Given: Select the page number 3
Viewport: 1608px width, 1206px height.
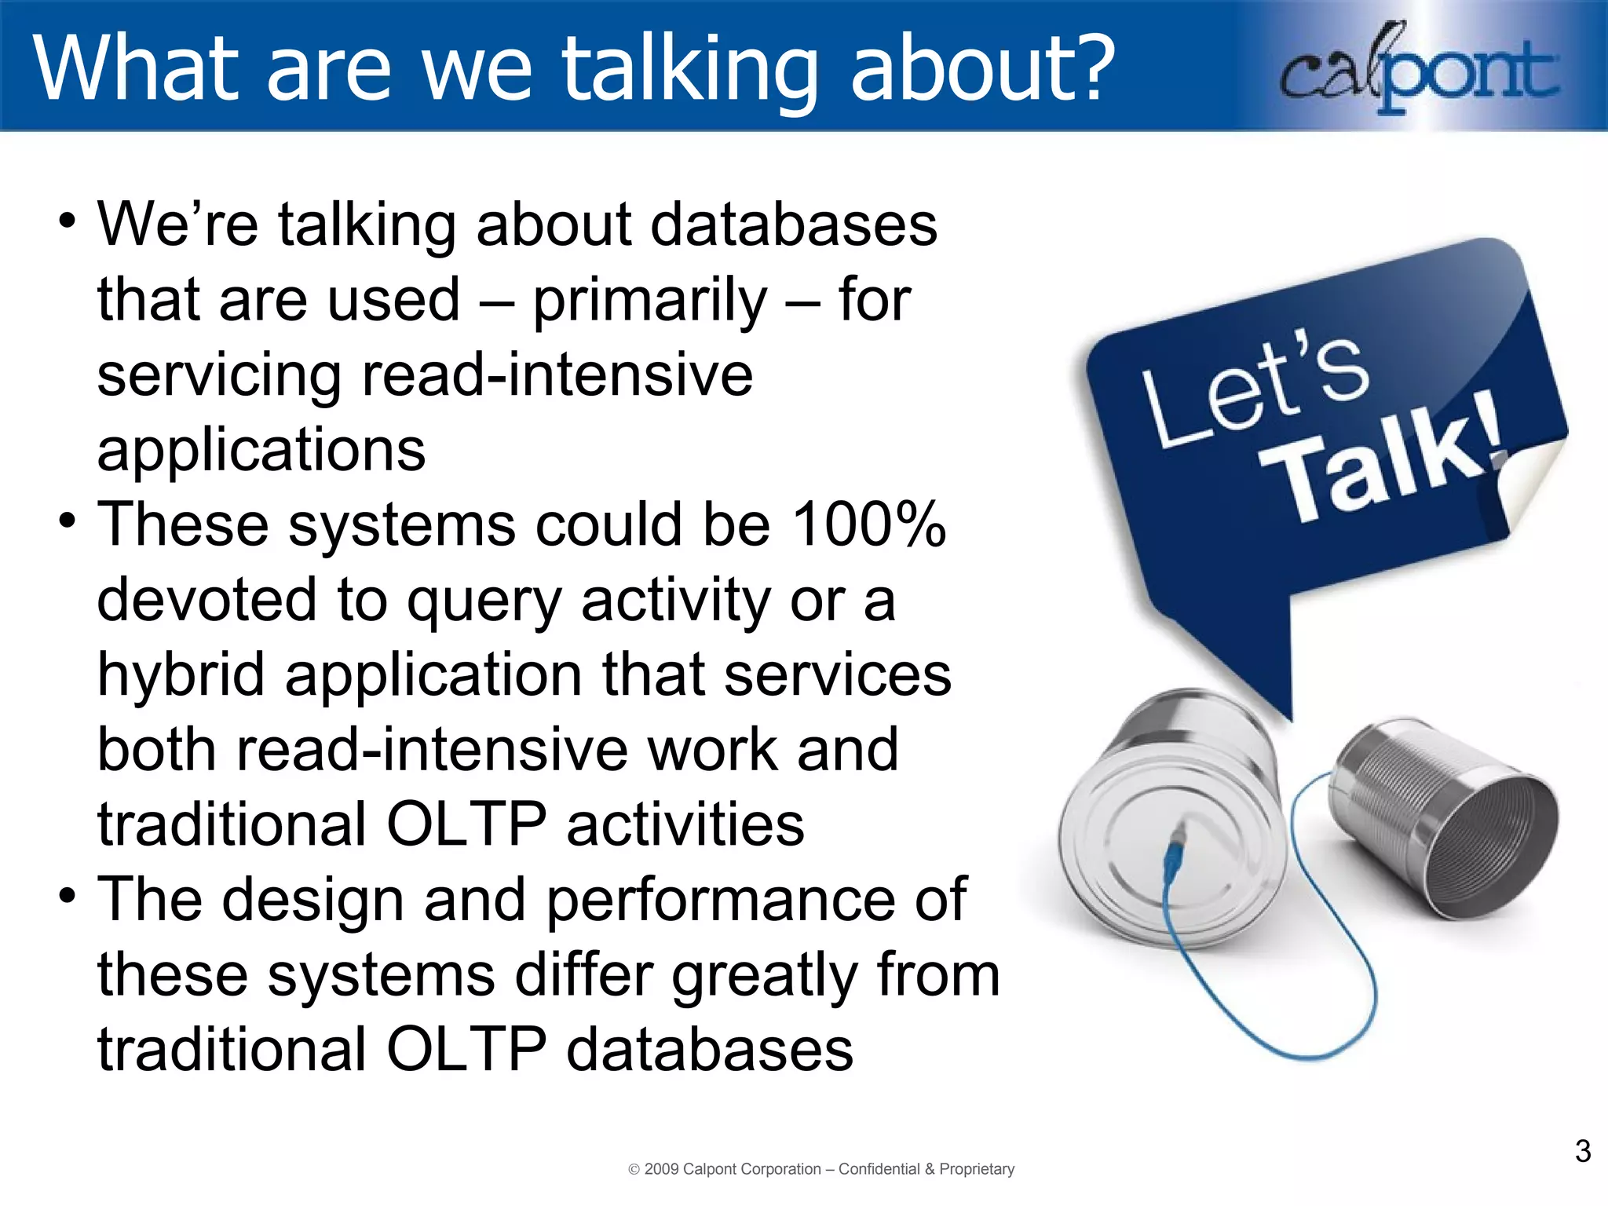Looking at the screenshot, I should (x=1582, y=1151).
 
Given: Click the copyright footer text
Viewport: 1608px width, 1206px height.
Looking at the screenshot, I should (x=821, y=1169).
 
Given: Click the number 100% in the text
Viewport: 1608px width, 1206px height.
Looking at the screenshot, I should (x=868, y=524).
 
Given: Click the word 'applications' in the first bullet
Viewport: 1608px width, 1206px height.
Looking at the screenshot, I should (x=261, y=451).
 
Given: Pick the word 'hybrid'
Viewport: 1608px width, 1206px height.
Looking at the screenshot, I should (x=181, y=675).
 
